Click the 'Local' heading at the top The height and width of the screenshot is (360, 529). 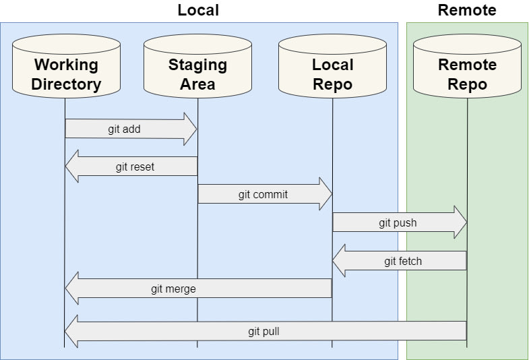(x=198, y=10)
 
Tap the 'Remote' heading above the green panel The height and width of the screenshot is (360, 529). (x=467, y=10)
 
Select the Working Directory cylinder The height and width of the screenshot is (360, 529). (x=66, y=66)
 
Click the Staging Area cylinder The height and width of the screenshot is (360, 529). (x=197, y=66)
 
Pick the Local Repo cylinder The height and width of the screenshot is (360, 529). (x=333, y=66)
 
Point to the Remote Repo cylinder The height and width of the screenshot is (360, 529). (x=467, y=66)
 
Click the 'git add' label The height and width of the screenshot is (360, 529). (x=124, y=129)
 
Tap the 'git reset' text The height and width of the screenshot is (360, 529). (x=135, y=167)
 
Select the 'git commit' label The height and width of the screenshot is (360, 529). (x=263, y=195)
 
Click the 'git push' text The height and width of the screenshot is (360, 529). (x=398, y=223)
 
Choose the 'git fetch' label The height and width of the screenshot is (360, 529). (x=403, y=261)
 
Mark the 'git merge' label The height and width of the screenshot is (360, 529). (x=173, y=289)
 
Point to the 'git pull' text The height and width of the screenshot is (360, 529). (x=263, y=332)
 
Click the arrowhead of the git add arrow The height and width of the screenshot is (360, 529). (x=190, y=129)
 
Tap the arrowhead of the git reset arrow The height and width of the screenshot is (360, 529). (x=72, y=167)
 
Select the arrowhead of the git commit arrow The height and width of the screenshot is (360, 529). (x=326, y=194)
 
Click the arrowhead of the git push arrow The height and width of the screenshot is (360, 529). (x=460, y=222)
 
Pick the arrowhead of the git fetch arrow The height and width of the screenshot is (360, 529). (x=339, y=260)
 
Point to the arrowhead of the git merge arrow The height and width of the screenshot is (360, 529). (x=72, y=289)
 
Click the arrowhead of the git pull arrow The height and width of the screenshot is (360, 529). (x=71, y=331)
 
